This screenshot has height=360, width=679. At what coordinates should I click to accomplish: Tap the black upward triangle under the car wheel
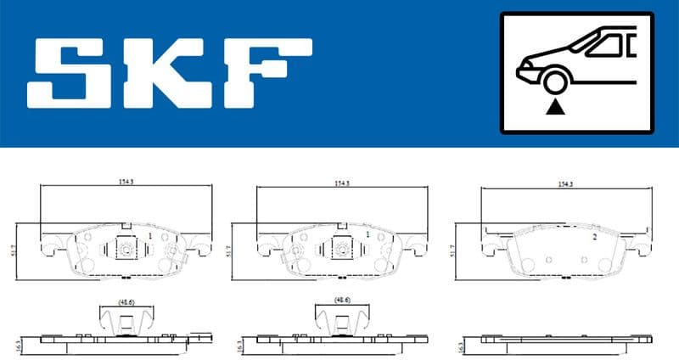pyautogui.click(x=555, y=108)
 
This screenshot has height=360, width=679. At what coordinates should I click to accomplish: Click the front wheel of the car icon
pyautogui.click(x=555, y=82)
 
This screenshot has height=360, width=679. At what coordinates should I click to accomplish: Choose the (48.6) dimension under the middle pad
pyautogui.click(x=341, y=299)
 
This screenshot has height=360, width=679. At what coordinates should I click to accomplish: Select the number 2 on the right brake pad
pyautogui.click(x=594, y=238)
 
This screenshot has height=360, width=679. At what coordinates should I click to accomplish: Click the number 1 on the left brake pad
pyautogui.click(x=149, y=235)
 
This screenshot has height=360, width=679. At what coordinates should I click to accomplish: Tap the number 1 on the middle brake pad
pyautogui.click(x=367, y=233)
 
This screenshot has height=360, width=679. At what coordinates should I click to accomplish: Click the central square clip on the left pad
pyautogui.click(x=124, y=250)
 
